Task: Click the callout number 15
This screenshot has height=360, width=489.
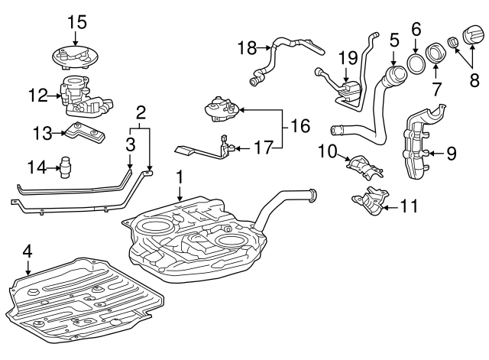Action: point(77,21)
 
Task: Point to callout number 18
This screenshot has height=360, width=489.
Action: point(247,47)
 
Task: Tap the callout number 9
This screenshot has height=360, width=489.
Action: point(451,154)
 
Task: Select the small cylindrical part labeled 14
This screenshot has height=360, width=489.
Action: point(66,165)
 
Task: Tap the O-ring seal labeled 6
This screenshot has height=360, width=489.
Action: point(416,61)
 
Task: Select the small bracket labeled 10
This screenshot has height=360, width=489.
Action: point(363,166)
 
